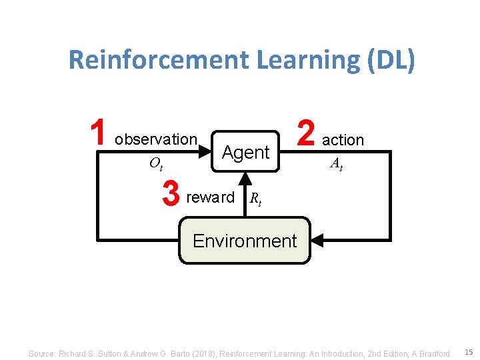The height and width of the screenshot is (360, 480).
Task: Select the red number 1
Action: click(x=98, y=133)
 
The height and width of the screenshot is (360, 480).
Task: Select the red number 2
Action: click(x=305, y=133)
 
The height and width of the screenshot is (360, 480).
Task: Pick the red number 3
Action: click(x=171, y=195)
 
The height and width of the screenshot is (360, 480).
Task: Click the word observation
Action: click(x=156, y=139)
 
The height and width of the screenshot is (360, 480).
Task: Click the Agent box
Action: click(x=245, y=152)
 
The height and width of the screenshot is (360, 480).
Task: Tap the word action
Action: click(x=343, y=140)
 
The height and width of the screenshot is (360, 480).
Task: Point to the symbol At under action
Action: click(x=337, y=164)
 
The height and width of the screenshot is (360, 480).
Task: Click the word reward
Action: click(x=211, y=197)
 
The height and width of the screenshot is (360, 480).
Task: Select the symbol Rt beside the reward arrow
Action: click(x=255, y=199)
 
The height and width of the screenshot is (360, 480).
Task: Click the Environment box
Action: click(x=245, y=241)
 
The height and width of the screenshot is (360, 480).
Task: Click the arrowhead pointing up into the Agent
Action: click(x=245, y=178)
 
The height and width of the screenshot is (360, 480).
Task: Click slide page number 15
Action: click(x=469, y=351)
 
